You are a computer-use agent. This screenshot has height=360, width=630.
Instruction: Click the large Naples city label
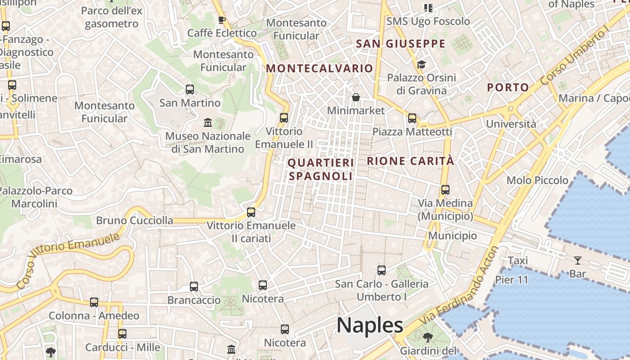point(370,325)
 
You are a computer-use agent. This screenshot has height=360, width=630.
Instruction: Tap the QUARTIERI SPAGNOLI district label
point(321,169)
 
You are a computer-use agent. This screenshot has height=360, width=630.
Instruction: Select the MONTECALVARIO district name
point(319,68)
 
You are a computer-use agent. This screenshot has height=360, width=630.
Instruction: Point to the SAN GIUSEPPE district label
point(400,44)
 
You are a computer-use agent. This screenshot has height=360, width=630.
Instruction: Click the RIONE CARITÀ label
point(410,161)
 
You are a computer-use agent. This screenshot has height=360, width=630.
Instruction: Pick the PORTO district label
point(508,87)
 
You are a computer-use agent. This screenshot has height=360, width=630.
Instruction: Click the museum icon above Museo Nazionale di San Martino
point(208,122)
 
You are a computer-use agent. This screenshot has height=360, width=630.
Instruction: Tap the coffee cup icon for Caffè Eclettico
point(221,20)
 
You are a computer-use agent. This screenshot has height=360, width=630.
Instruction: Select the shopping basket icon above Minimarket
point(356,97)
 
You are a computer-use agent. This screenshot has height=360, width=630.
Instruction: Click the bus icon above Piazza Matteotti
point(412,118)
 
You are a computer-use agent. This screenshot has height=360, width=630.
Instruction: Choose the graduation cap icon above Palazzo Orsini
point(421,64)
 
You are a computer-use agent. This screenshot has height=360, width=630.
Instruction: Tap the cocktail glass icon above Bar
point(577,260)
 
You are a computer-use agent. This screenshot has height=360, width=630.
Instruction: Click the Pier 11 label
point(512,279)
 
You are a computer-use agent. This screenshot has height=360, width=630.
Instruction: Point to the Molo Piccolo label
point(537,180)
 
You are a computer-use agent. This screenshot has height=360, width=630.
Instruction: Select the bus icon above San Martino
point(190,90)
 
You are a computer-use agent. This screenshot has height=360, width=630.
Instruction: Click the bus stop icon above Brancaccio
point(194,287)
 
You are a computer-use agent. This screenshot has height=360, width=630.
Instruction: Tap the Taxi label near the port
point(517,261)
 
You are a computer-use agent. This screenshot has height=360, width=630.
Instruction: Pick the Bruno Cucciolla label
point(135,220)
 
